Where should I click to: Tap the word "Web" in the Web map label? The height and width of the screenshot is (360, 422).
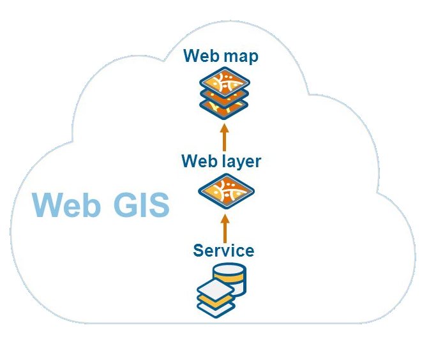(202, 56)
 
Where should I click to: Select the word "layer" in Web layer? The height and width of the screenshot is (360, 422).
(238, 161)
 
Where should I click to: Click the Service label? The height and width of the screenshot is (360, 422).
(223, 250)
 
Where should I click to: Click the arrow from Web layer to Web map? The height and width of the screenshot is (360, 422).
(224, 137)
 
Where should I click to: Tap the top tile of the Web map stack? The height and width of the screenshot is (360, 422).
(224, 82)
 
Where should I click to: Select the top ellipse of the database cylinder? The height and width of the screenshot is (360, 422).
(229, 268)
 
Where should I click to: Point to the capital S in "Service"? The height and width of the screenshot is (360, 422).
(199, 250)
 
